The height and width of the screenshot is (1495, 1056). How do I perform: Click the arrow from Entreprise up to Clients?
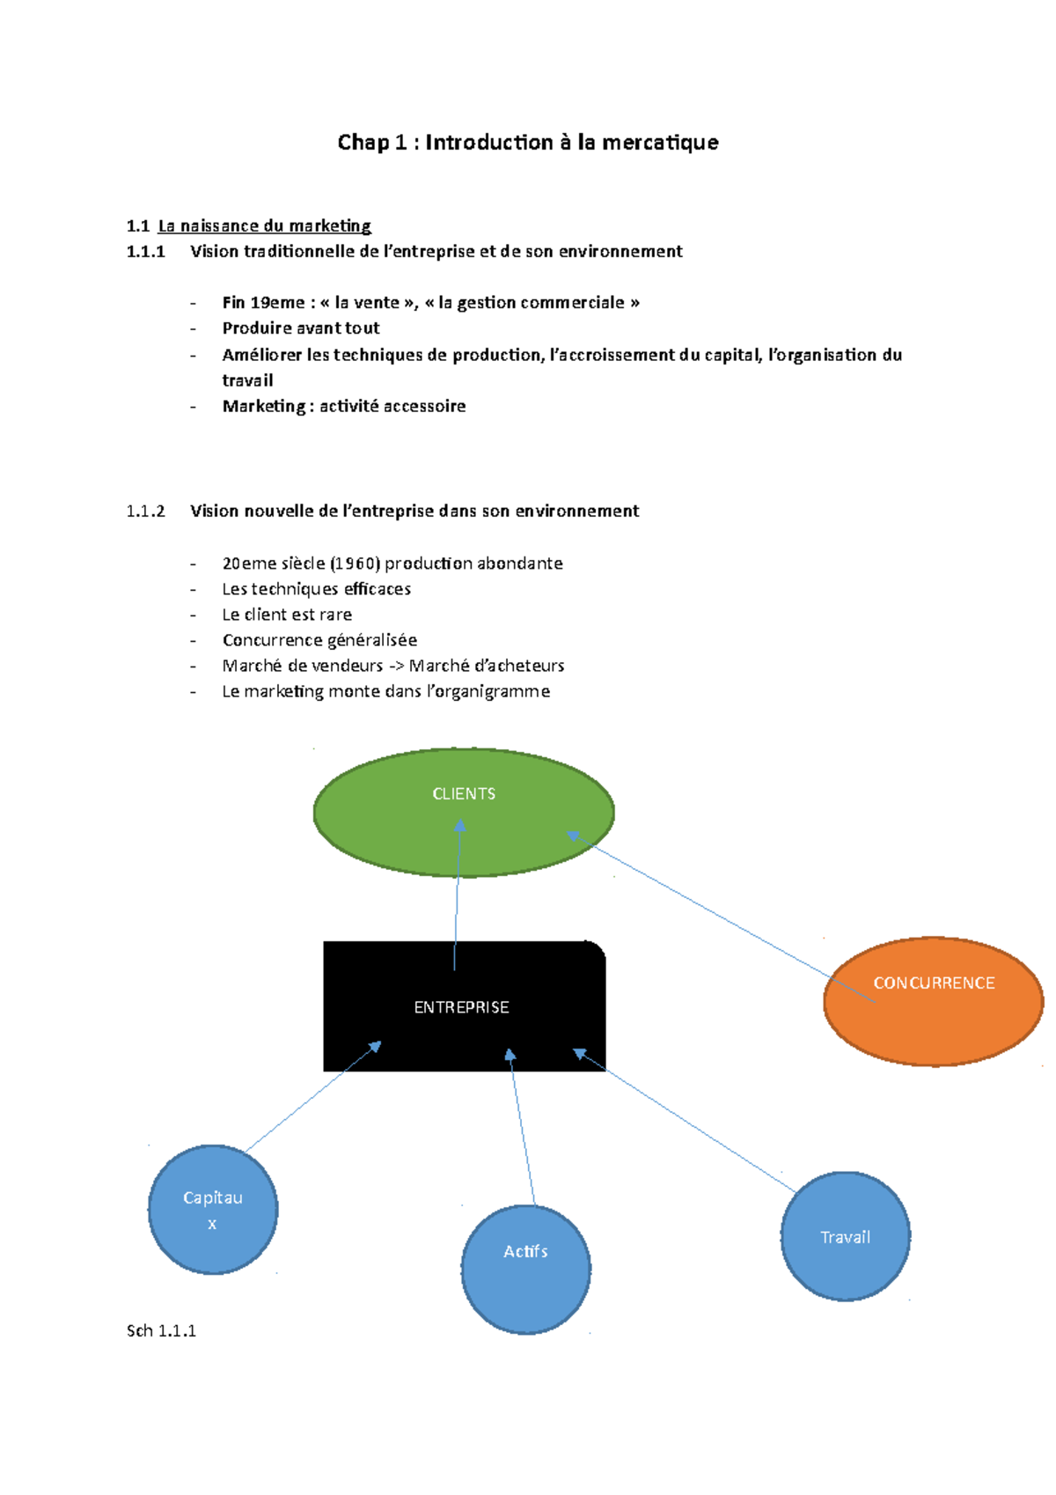457,898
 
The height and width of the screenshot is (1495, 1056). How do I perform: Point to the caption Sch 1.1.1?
161,1330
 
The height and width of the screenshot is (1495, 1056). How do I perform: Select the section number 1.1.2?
145,512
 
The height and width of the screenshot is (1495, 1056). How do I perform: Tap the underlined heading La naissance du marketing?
264,226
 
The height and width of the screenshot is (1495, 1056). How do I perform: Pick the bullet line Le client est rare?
287,615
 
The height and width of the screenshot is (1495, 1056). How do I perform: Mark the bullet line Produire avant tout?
301,328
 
